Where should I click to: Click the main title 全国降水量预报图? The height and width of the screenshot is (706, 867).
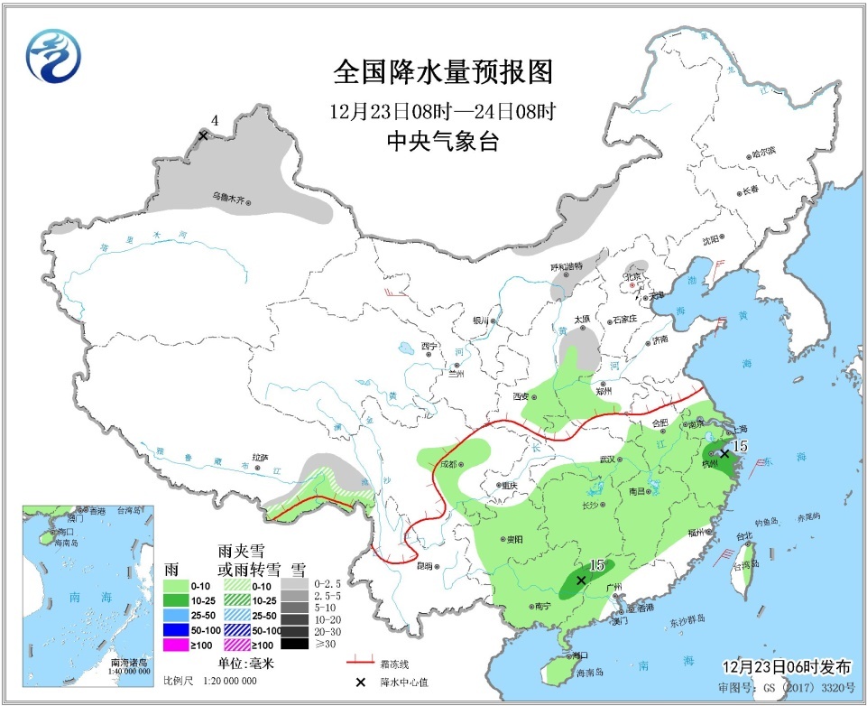442,71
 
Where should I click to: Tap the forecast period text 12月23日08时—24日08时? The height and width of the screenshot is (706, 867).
442,113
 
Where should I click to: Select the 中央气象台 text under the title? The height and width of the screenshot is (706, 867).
442,142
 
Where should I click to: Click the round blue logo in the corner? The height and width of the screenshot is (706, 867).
53,53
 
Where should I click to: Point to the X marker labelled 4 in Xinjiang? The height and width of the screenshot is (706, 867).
203,135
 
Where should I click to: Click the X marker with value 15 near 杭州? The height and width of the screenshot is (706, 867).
724,453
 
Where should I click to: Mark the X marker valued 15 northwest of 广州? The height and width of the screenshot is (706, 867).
581,581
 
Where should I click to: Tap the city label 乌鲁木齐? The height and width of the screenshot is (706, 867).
229,197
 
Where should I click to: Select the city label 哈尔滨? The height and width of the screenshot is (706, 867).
761,154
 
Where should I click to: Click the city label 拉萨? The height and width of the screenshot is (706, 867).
261,458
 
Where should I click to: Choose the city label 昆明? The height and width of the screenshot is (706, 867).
424,566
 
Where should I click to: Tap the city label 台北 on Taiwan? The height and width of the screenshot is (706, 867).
743,536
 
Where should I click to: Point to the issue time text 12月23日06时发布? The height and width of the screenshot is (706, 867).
786,667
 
